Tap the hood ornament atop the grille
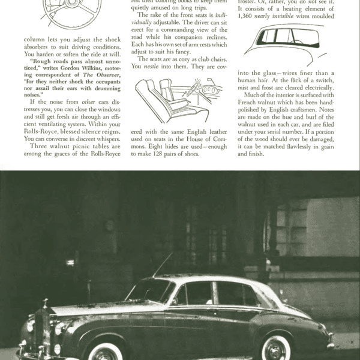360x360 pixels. point(44,302)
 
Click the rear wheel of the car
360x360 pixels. point(277,347)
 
